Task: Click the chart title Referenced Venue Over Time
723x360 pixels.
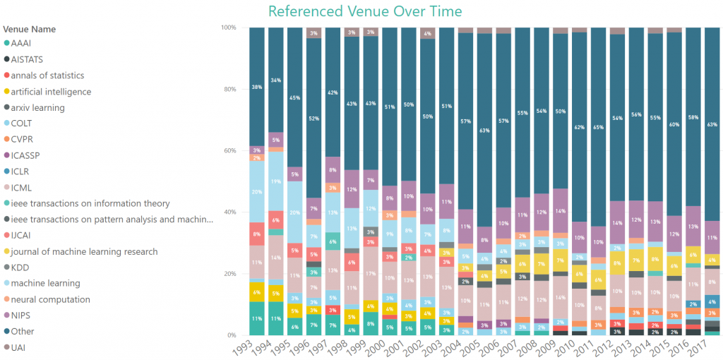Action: tap(365, 11)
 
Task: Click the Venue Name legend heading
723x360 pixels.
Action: tap(30, 30)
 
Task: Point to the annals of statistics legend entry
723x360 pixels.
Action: tap(47, 76)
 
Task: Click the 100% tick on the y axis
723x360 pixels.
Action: tap(227, 28)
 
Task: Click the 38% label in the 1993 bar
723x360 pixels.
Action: tap(256, 88)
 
